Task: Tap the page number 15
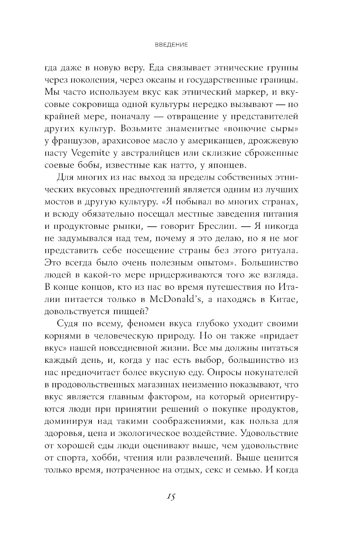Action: coord(171,497)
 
